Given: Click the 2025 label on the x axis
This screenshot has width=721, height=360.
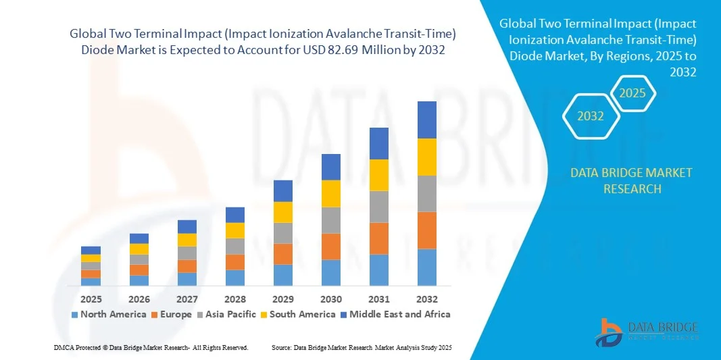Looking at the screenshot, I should click(x=91, y=299).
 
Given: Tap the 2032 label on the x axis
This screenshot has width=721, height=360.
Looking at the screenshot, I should click(x=427, y=299).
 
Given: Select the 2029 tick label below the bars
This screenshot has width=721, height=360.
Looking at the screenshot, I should click(x=283, y=299).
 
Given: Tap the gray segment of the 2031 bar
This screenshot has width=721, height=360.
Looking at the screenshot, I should click(x=379, y=207).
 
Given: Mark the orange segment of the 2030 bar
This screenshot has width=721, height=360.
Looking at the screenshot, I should click(x=331, y=247).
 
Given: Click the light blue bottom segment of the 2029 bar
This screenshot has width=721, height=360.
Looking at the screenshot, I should click(x=283, y=274).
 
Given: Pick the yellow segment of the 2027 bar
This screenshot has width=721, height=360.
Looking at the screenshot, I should click(x=187, y=240).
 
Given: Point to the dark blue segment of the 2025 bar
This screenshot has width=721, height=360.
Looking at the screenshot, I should click(x=91, y=250).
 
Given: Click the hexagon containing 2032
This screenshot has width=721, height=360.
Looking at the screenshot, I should click(x=591, y=116).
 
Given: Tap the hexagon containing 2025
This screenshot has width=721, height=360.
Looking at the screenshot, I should click(x=633, y=93).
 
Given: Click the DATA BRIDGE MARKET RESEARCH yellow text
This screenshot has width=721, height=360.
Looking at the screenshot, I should click(x=631, y=180).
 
